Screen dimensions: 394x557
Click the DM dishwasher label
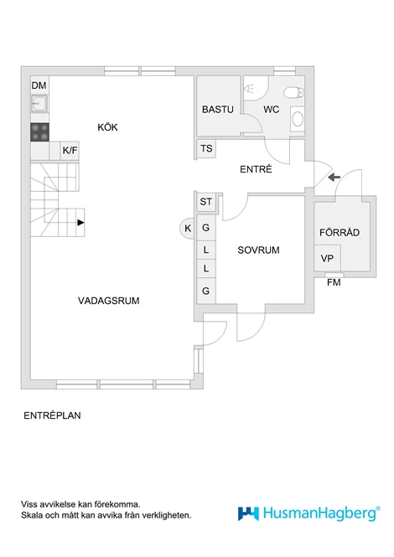39,85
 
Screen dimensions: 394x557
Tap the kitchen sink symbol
39,104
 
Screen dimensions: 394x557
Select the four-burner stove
39,132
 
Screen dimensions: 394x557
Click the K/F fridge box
70,151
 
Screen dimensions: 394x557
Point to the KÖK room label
107,127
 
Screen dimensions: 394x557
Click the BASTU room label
218,110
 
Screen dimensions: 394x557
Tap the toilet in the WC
293,92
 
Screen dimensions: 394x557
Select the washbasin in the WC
298,119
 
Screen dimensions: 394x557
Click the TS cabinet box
206,148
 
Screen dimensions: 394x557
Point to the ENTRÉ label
256,169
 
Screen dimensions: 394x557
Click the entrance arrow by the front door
334,177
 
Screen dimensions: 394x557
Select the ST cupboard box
206,202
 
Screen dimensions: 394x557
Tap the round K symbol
188,228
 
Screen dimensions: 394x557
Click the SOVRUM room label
258,250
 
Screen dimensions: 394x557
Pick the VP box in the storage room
327,258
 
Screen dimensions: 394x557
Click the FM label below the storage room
334,282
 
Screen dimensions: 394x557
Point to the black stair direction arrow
80,223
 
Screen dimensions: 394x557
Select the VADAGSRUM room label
108,301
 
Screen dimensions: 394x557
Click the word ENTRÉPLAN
52,415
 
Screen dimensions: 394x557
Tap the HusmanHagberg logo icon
248,513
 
